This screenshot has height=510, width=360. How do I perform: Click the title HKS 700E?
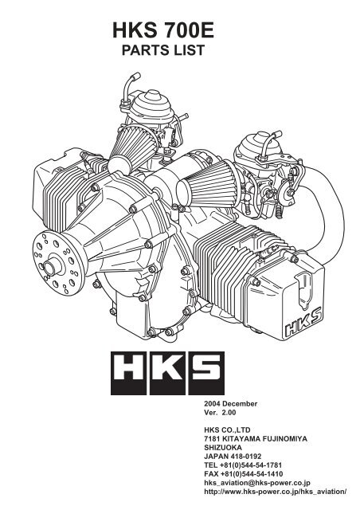[179, 33]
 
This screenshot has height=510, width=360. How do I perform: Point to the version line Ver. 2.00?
[223, 416]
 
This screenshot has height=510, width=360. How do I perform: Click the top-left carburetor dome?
[147, 102]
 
